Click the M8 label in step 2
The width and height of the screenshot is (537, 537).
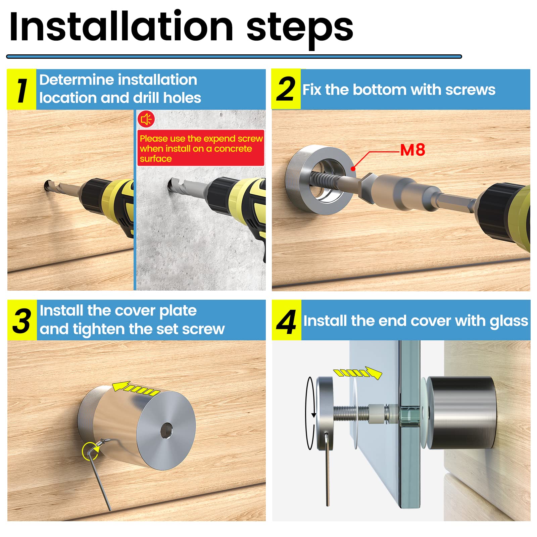[x=412, y=150]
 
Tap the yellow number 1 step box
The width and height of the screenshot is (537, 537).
[x=21, y=90]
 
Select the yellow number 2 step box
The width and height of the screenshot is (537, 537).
[x=286, y=89]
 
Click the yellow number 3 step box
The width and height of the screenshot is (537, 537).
[x=22, y=320]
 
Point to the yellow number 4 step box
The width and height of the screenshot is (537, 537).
[x=286, y=320]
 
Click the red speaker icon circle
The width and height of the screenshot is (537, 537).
[x=146, y=119]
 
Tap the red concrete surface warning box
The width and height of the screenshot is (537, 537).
[x=201, y=148]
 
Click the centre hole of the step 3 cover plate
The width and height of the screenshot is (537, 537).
[x=166, y=430]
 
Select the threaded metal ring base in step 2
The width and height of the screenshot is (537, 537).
[x=319, y=178]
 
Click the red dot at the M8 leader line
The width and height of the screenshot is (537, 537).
[x=353, y=168]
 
